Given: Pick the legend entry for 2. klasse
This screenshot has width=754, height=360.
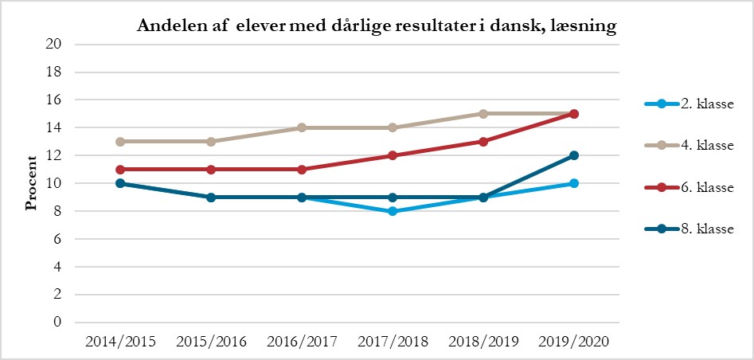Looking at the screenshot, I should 690,104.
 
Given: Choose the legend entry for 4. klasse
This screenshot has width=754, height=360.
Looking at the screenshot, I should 690,146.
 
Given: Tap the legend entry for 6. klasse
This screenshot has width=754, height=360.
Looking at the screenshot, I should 690,187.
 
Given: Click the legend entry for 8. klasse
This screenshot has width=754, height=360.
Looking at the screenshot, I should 690,229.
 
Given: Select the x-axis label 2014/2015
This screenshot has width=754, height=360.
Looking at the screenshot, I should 119,342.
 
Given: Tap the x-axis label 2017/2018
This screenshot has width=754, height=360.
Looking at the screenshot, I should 392,342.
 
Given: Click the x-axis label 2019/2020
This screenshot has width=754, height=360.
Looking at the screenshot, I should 573,342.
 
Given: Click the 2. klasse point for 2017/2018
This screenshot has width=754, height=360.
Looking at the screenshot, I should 393,211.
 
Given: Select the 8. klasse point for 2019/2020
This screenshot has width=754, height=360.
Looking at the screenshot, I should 573,155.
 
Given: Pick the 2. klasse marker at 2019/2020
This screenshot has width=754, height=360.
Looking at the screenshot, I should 573,183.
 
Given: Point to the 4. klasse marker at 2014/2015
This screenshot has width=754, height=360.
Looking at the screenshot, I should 120,142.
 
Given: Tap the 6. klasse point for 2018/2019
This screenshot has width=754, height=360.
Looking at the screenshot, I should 483,142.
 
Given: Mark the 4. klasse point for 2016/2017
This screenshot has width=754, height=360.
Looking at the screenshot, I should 302,127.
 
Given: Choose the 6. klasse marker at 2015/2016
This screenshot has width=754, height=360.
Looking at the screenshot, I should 211,170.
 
